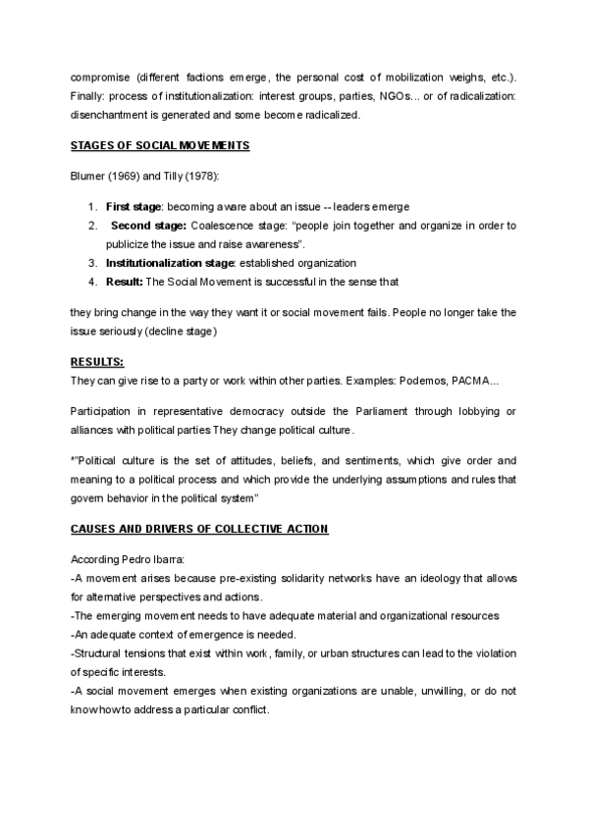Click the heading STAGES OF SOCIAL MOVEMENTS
click(160, 146)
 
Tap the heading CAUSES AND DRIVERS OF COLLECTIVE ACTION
click(199, 529)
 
